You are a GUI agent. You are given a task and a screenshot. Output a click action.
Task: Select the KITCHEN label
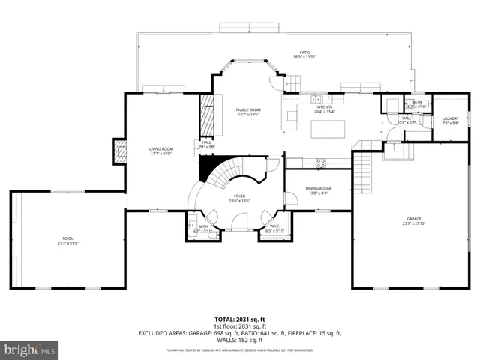click(x=325, y=108)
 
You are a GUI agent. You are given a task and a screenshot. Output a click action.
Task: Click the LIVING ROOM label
click(x=161, y=149)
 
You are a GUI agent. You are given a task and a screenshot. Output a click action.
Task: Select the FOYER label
click(x=241, y=197)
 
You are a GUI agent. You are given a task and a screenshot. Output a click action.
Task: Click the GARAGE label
click(x=415, y=219)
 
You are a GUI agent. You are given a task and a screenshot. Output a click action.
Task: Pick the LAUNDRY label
click(x=450, y=118)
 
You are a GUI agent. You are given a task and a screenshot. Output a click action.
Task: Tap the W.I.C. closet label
click(x=274, y=226)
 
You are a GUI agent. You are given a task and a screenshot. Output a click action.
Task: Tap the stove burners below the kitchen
click(x=321, y=162)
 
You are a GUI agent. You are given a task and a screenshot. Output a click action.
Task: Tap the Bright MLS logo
click(x=30, y=350)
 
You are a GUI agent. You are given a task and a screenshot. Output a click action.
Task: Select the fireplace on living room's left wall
click(x=118, y=152)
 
